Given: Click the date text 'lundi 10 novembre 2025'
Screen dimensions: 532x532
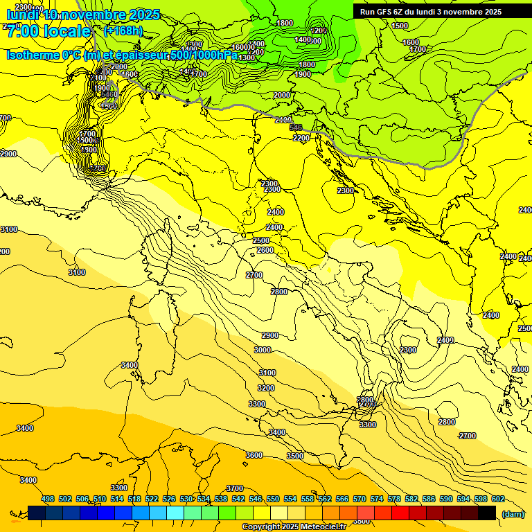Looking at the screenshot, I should pyautogui.click(x=83, y=15).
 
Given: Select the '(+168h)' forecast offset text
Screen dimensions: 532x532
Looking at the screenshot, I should pyautogui.click(x=123, y=31).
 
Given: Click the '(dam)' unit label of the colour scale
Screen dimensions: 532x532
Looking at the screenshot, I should pyautogui.click(x=513, y=513).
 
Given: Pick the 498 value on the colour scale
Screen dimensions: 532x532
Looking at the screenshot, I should pyautogui.click(x=48, y=499).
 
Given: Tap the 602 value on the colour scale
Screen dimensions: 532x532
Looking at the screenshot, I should pyautogui.click(x=498, y=499).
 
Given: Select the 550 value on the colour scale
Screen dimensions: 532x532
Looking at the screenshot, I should pyautogui.click(x=273, y=499).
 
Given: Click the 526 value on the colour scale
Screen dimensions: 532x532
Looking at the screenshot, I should pyautogui.click(x=169, y=499).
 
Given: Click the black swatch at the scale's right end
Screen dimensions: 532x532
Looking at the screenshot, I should pyautogui.click(x=487, y=513).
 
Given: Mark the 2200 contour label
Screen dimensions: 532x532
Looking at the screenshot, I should pyautogui.click(x=301, y=138).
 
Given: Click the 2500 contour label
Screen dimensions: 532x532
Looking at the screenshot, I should pyautogui.click(x=261, y=240).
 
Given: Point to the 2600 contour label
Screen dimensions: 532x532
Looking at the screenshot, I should pyautogui.click(x=265, y=250).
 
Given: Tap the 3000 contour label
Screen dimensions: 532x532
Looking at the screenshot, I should pyautogui.click(x=263, y=350).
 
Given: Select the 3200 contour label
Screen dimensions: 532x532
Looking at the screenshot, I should pyautogui.click(x=266, y=388).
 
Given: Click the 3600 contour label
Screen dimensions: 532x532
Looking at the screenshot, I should pyautogui.click(x=254, y=454).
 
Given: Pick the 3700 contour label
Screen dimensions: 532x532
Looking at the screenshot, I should pyautogui.click(x=235, y=488).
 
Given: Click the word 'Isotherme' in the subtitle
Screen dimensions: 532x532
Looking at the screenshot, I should pyautogui.click(x=32, y=55).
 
